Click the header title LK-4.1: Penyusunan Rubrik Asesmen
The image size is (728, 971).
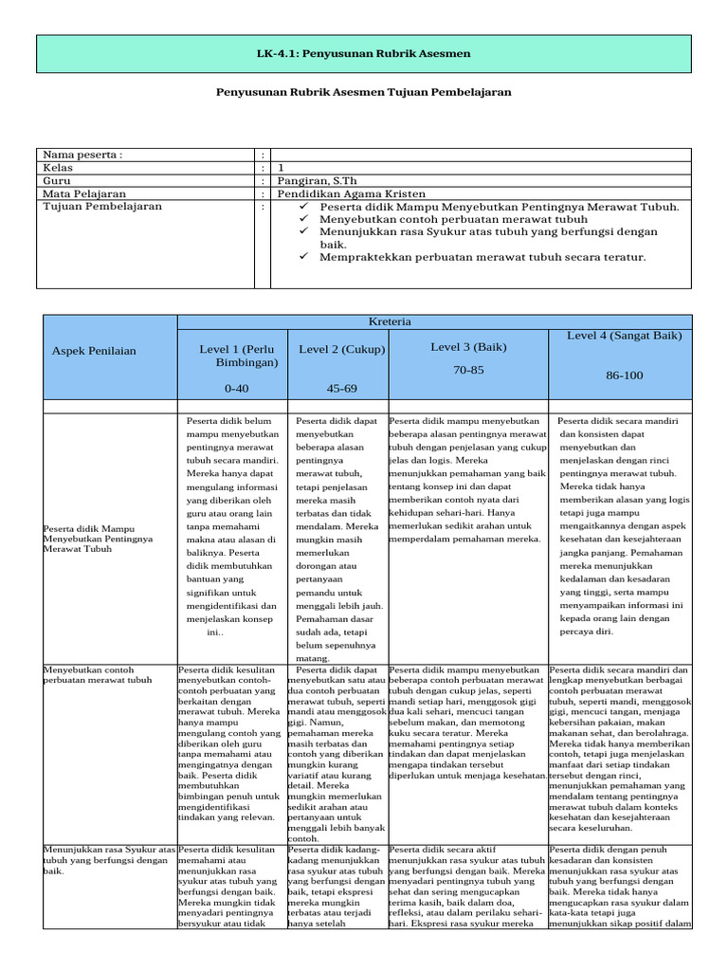pos(364,54)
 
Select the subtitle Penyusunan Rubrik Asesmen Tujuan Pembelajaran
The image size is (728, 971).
pos(364,92)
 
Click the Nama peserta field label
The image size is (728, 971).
pos(82,155)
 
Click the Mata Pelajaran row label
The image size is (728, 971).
pos(84,193)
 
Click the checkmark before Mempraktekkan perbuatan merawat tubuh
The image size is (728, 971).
pos(304,257)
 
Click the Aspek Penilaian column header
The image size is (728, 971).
pos(94,351)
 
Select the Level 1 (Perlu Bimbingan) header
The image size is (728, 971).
pos(237,356)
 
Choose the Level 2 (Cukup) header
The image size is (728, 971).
pos(341,349)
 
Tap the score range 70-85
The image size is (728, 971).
pos(468,370)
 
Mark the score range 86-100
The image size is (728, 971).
pos(624,376)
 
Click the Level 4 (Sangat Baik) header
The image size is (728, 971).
pos(624,335)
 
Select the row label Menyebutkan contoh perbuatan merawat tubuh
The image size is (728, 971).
pos(98,674)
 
